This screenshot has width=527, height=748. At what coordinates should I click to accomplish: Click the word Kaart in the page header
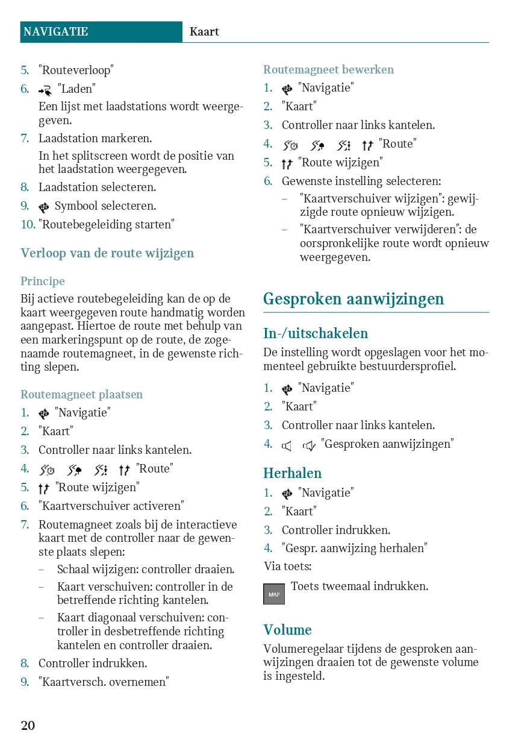pyautogui.click(x=204, y=32)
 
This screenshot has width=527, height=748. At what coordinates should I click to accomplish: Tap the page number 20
pyautogui.click(x=28, y=725)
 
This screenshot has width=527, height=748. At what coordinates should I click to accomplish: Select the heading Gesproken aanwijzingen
pyautogui.click(x=354, y=299)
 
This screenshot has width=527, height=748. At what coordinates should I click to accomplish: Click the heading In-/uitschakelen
pyautogui.click(x=316, y=333)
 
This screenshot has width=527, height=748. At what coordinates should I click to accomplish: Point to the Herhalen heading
pyautogui.click(x=293, y=473)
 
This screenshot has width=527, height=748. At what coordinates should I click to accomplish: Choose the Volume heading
pyautogui.click(x=287, y=630)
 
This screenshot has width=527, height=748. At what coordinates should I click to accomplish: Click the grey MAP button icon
pyautogui.click(x=274, y=594)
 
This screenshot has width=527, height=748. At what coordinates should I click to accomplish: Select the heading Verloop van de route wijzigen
pyautogui.click(x=107, y=253)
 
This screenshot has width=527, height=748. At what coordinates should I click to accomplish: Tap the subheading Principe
pyautogui.click(x=43, y=281)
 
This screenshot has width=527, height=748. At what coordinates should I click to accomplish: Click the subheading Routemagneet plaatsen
pyautogui.click(x=82, y=395)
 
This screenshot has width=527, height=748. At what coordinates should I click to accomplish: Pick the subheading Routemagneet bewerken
pyautogui.click(x=328, y=70)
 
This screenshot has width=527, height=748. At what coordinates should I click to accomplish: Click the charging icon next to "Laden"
pyautogui.click(x=45, y=90)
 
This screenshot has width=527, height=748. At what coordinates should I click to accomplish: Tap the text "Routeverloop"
pyautogui.click(x=76, y=71)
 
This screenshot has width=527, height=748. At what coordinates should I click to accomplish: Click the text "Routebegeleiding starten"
pyautogui.click(x=107, y=225)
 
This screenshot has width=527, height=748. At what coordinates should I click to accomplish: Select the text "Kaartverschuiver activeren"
pyautogui.click(x=111, y=506)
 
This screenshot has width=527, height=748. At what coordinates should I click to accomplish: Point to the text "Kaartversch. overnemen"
pyautogui.click(x=104, y=682)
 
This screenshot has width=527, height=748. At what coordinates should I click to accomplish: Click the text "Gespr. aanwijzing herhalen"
pyautogui.click(x=355, y=548)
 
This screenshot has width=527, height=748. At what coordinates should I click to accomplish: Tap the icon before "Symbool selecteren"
pyautogui.click(x=44, y=207)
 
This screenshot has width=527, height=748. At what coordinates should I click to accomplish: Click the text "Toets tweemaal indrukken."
pyautogui.click(x=360, y=586)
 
